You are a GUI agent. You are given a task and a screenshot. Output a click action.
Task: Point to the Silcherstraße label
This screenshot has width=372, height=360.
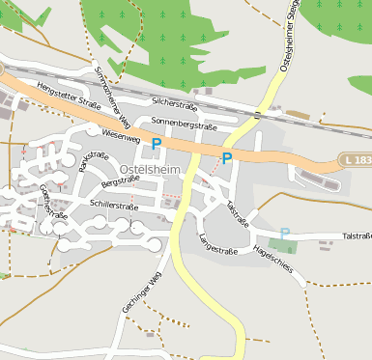[x=175, y=101]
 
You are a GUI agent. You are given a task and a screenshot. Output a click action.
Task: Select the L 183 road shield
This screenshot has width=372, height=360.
[x=357, y=159]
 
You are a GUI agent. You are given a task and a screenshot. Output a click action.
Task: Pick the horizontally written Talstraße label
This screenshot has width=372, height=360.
[x=357, y=235]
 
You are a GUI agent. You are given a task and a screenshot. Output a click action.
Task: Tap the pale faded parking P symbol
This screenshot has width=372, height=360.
[x=284, y=233]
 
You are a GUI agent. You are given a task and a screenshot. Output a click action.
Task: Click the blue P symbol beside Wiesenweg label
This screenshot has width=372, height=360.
[x=156, y=144]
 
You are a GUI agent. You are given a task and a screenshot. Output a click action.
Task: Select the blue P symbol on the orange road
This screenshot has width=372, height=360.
[x=227, y=158]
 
